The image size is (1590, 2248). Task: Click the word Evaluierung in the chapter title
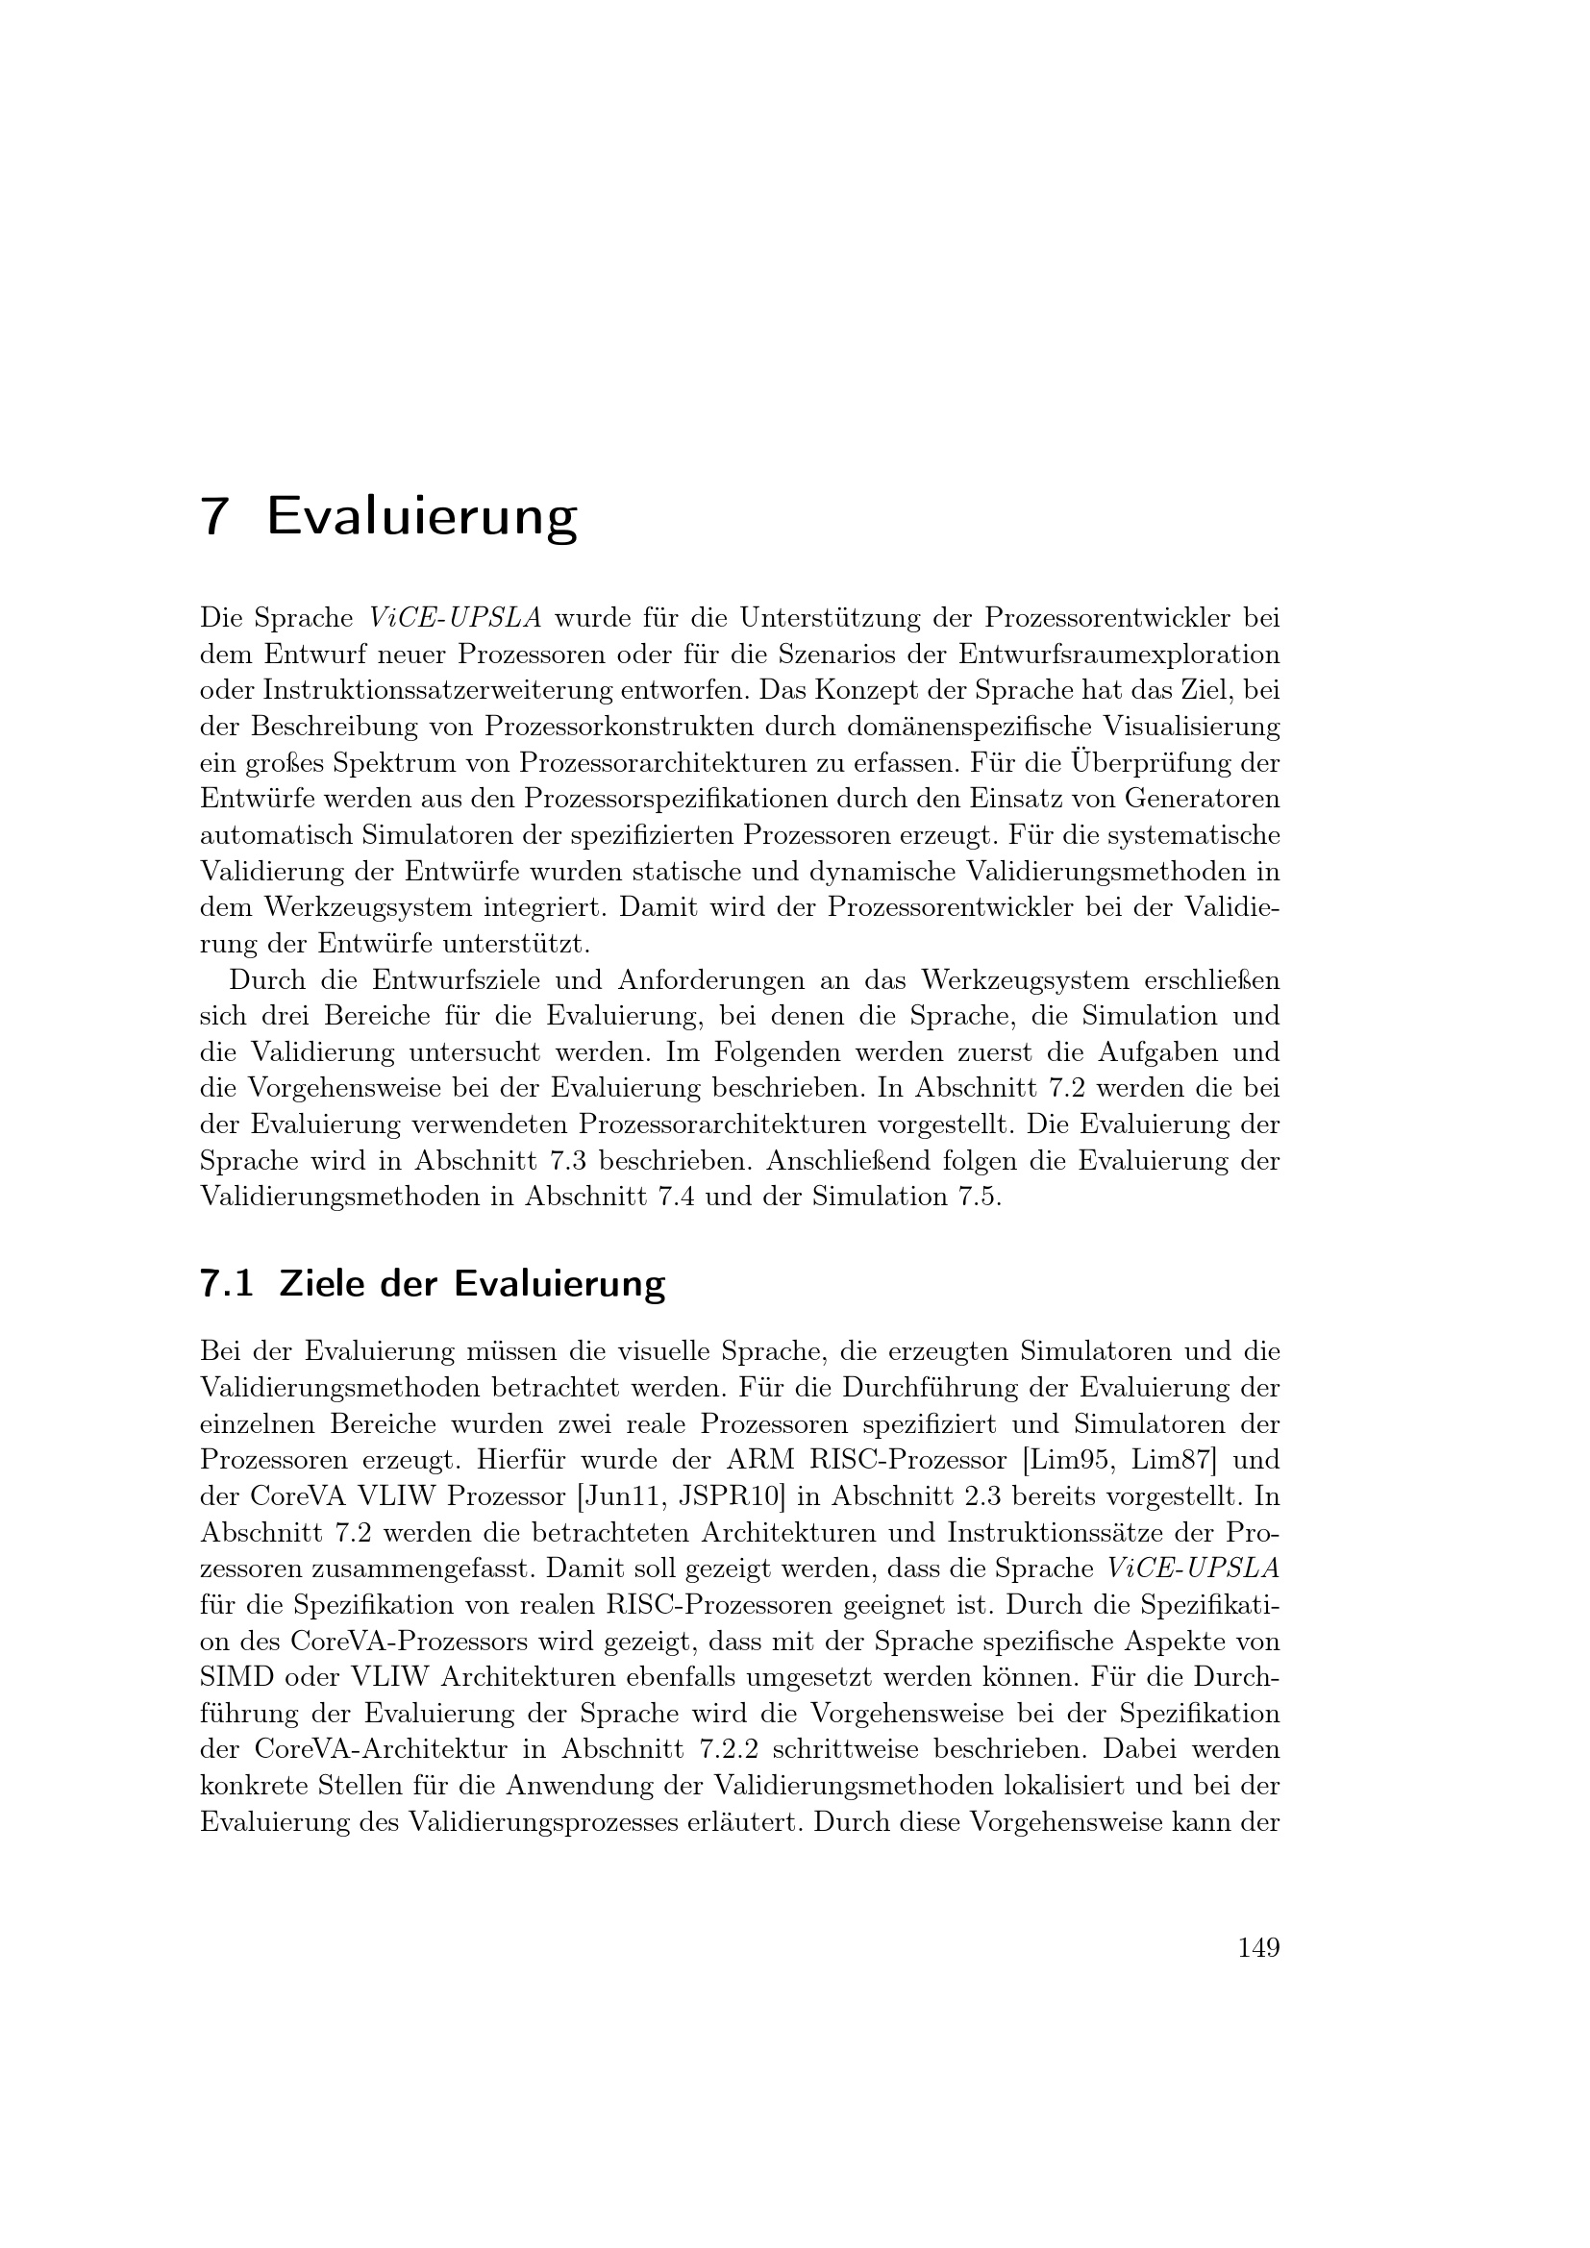pyautogui.click(x=422, y=518)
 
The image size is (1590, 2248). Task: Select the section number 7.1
pyautogui.click(x=226, y=1283)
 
